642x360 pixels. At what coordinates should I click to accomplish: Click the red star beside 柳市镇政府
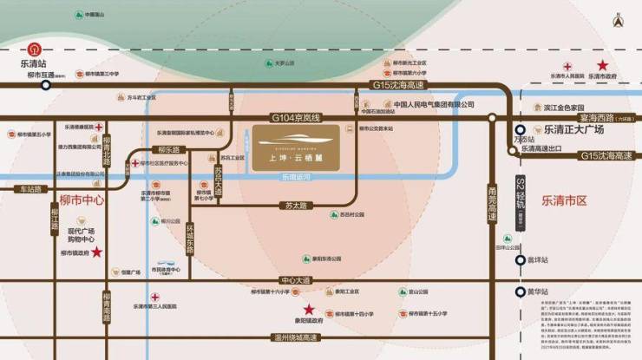[97, 252]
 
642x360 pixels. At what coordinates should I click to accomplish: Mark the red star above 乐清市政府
[601, 65]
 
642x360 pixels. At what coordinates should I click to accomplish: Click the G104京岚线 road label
[296, 117]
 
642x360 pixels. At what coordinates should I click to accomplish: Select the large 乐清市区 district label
[565, 200]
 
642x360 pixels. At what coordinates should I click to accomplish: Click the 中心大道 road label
[296, 280]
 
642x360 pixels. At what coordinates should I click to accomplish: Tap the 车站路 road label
[29, 188]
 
